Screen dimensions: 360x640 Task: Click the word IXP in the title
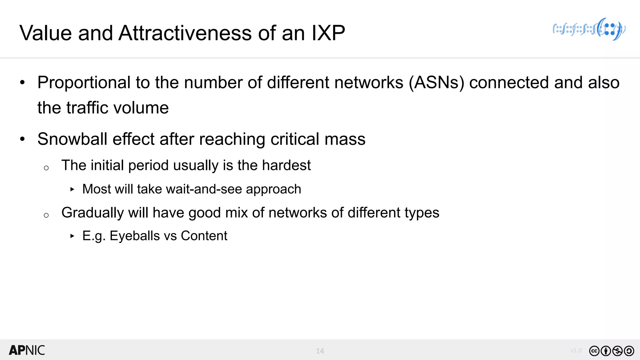(x=328, y=33)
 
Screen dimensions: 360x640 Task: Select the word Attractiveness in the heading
(x=185, y=33)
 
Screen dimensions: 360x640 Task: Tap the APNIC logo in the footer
(x=27, y=350)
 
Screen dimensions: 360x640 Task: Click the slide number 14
(x=320, y=351)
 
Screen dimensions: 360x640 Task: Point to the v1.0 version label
(x=576, y=350)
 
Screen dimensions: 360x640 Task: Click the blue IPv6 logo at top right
(x=589, y=29)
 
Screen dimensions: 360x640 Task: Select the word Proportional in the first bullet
(x=84, y=83)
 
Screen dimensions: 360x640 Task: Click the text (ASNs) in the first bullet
(x=437, y=83)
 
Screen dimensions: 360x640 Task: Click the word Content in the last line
(x=204, y=236)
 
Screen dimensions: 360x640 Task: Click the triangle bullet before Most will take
(x=72, y=189)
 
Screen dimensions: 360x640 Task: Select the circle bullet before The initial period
(x=46, y=168)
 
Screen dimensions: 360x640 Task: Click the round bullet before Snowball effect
(x=22, y=139)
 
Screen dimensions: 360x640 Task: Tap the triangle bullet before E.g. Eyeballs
(x=72, y=236)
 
